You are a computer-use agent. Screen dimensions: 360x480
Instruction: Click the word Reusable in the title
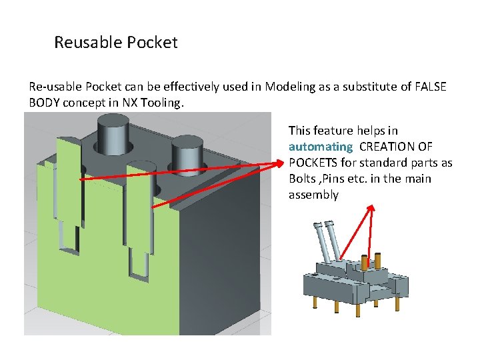click(84, 43)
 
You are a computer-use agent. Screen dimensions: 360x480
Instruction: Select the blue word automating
click(321, 147)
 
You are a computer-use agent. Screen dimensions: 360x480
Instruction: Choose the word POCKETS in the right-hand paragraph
click(313, 163)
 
